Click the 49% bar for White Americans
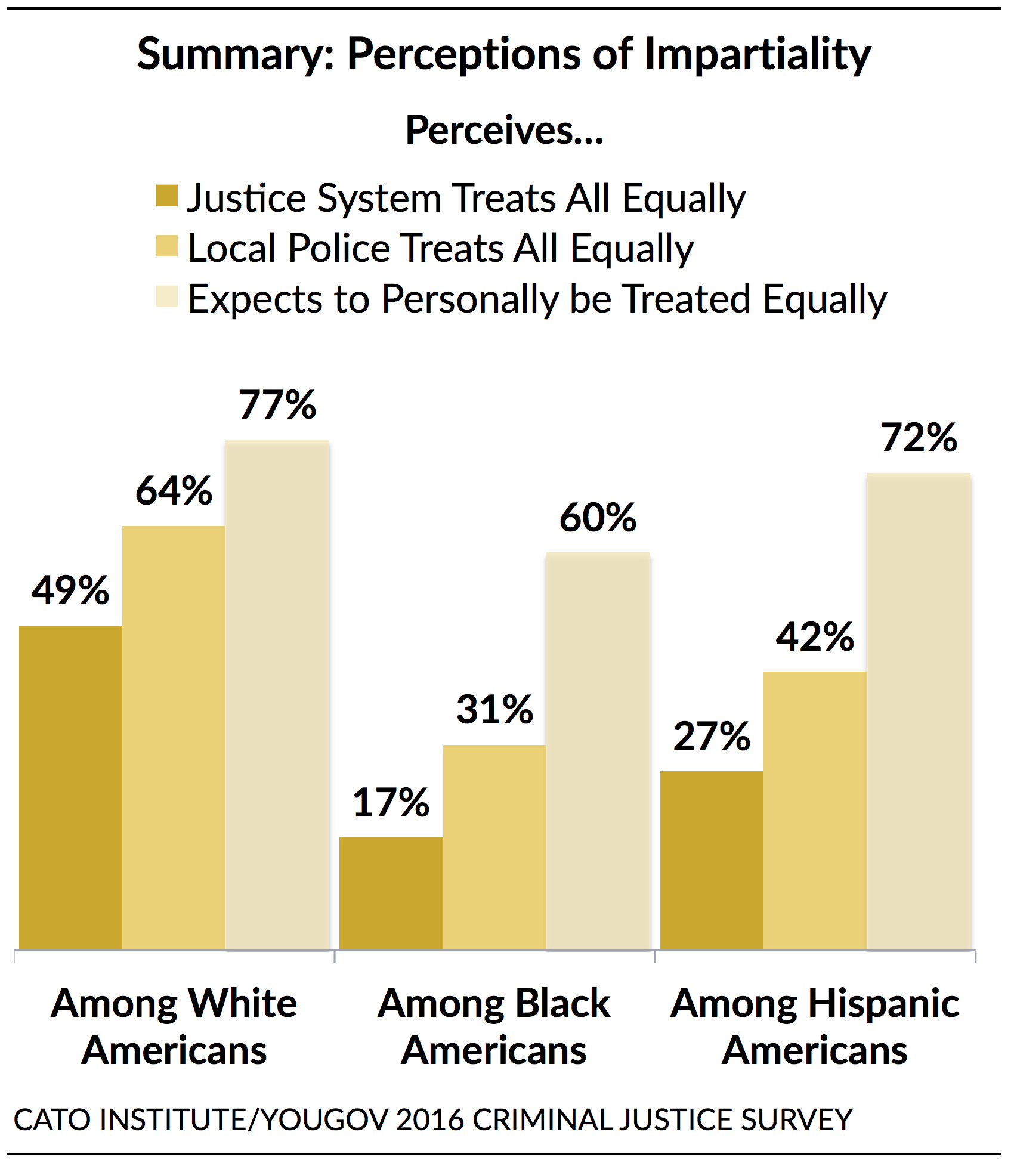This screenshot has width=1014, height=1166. [x=70, y=787]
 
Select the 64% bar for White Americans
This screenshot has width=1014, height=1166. [x=174, y=738]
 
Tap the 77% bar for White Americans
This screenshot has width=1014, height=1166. [x=277, y=695]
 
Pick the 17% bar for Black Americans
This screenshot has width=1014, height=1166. [x=391, y=893]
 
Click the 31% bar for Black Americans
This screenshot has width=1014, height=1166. [x=494, y=847]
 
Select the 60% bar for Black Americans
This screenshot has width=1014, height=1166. [x=598, y=751]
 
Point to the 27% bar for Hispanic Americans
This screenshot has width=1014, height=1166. [x=712, y=860]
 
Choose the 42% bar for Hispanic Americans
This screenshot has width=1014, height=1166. [x=815, y=811]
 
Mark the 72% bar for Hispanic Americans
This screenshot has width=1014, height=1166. [x=919, y=712]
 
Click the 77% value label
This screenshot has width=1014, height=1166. [x=277, y=405]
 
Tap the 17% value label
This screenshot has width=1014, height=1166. [x=391, y=802]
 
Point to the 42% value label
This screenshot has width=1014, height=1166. [x=815, y=636]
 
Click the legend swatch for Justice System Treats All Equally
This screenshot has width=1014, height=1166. [x=167, y=196]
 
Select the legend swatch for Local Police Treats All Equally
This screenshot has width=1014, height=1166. [x=167, y=246]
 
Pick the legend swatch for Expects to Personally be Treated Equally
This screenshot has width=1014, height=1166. [x=167, y=296]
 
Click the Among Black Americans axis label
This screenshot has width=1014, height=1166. [x=494, y=1027]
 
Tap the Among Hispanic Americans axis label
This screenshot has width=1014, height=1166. [x=815, y=1027]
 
